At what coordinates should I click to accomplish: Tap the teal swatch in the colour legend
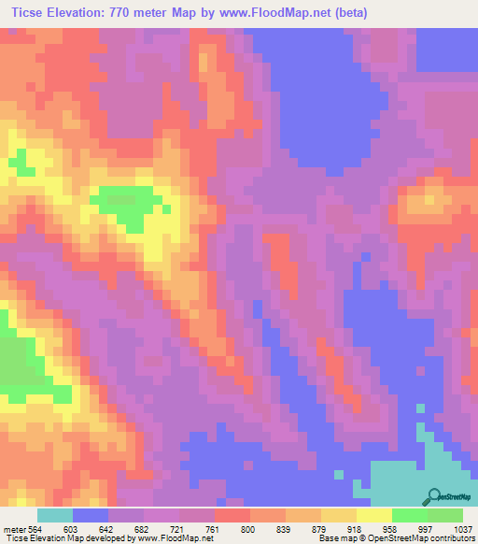[x=55, y=514]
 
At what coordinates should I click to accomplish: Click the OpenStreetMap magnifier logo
[x=435, y=496]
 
